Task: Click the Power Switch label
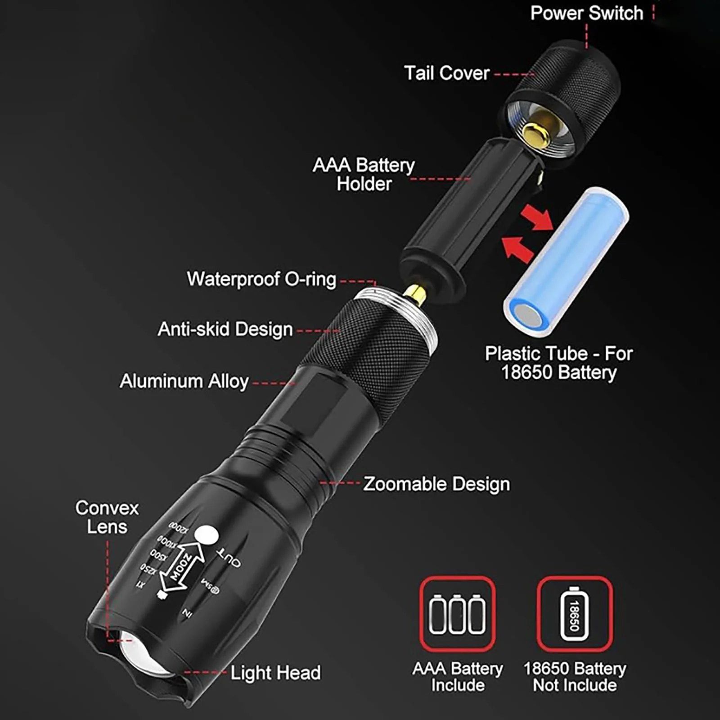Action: pos(586,13)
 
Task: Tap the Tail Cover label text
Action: pos(446,73)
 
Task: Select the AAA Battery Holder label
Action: pos(364,175)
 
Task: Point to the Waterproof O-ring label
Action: pos(261,279)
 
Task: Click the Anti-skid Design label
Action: pos(225,329)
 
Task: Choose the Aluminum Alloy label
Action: pos(184,382)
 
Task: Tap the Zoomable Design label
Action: pos(436,484)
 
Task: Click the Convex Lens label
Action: pos(107,517)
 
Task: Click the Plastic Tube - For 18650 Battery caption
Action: pos(559,363)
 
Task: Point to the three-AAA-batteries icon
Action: pos(457,614)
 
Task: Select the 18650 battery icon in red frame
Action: pos(575,614)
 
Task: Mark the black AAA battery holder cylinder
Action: pos(468,211)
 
